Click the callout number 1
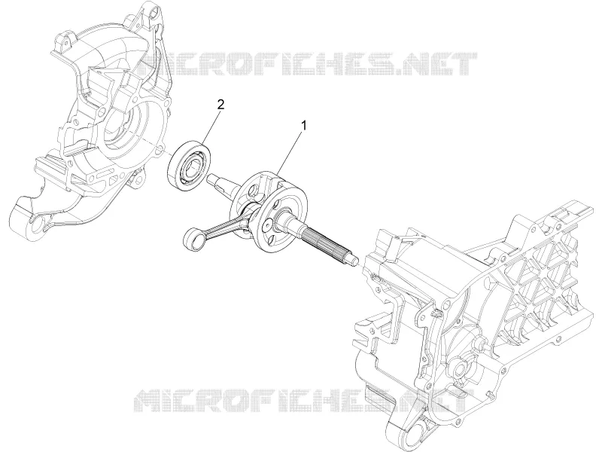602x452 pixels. (304, 125)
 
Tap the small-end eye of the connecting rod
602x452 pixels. (195, 240)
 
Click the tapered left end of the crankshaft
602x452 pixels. (220, 182)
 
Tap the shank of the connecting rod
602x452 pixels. (225, 223)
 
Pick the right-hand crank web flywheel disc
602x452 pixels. (283, 217)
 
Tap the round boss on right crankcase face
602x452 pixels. (459, 369)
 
